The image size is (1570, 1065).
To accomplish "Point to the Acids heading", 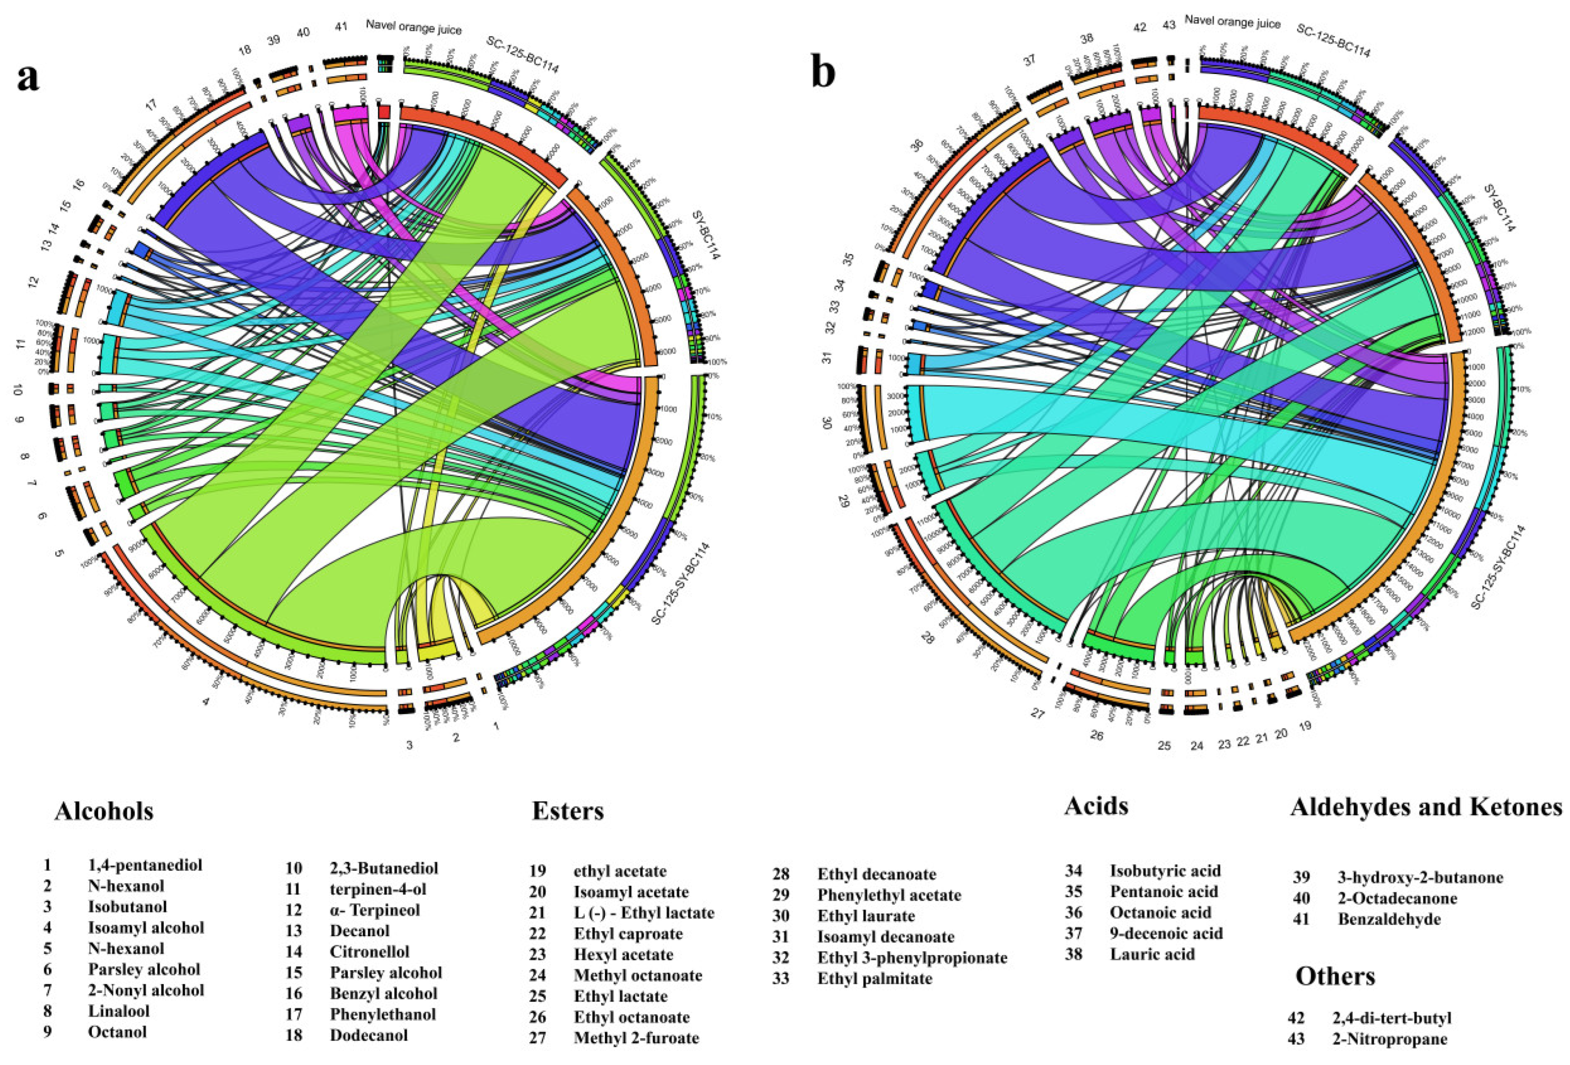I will (1096, 806).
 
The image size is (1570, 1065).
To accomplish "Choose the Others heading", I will (1335, 976).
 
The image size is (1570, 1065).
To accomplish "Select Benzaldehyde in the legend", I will (1389, 919).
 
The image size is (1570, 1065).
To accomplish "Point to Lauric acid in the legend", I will (1152, 954).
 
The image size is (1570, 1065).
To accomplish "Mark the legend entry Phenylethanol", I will (382, 1014).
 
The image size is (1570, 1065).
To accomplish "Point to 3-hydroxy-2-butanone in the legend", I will (1420, 877).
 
